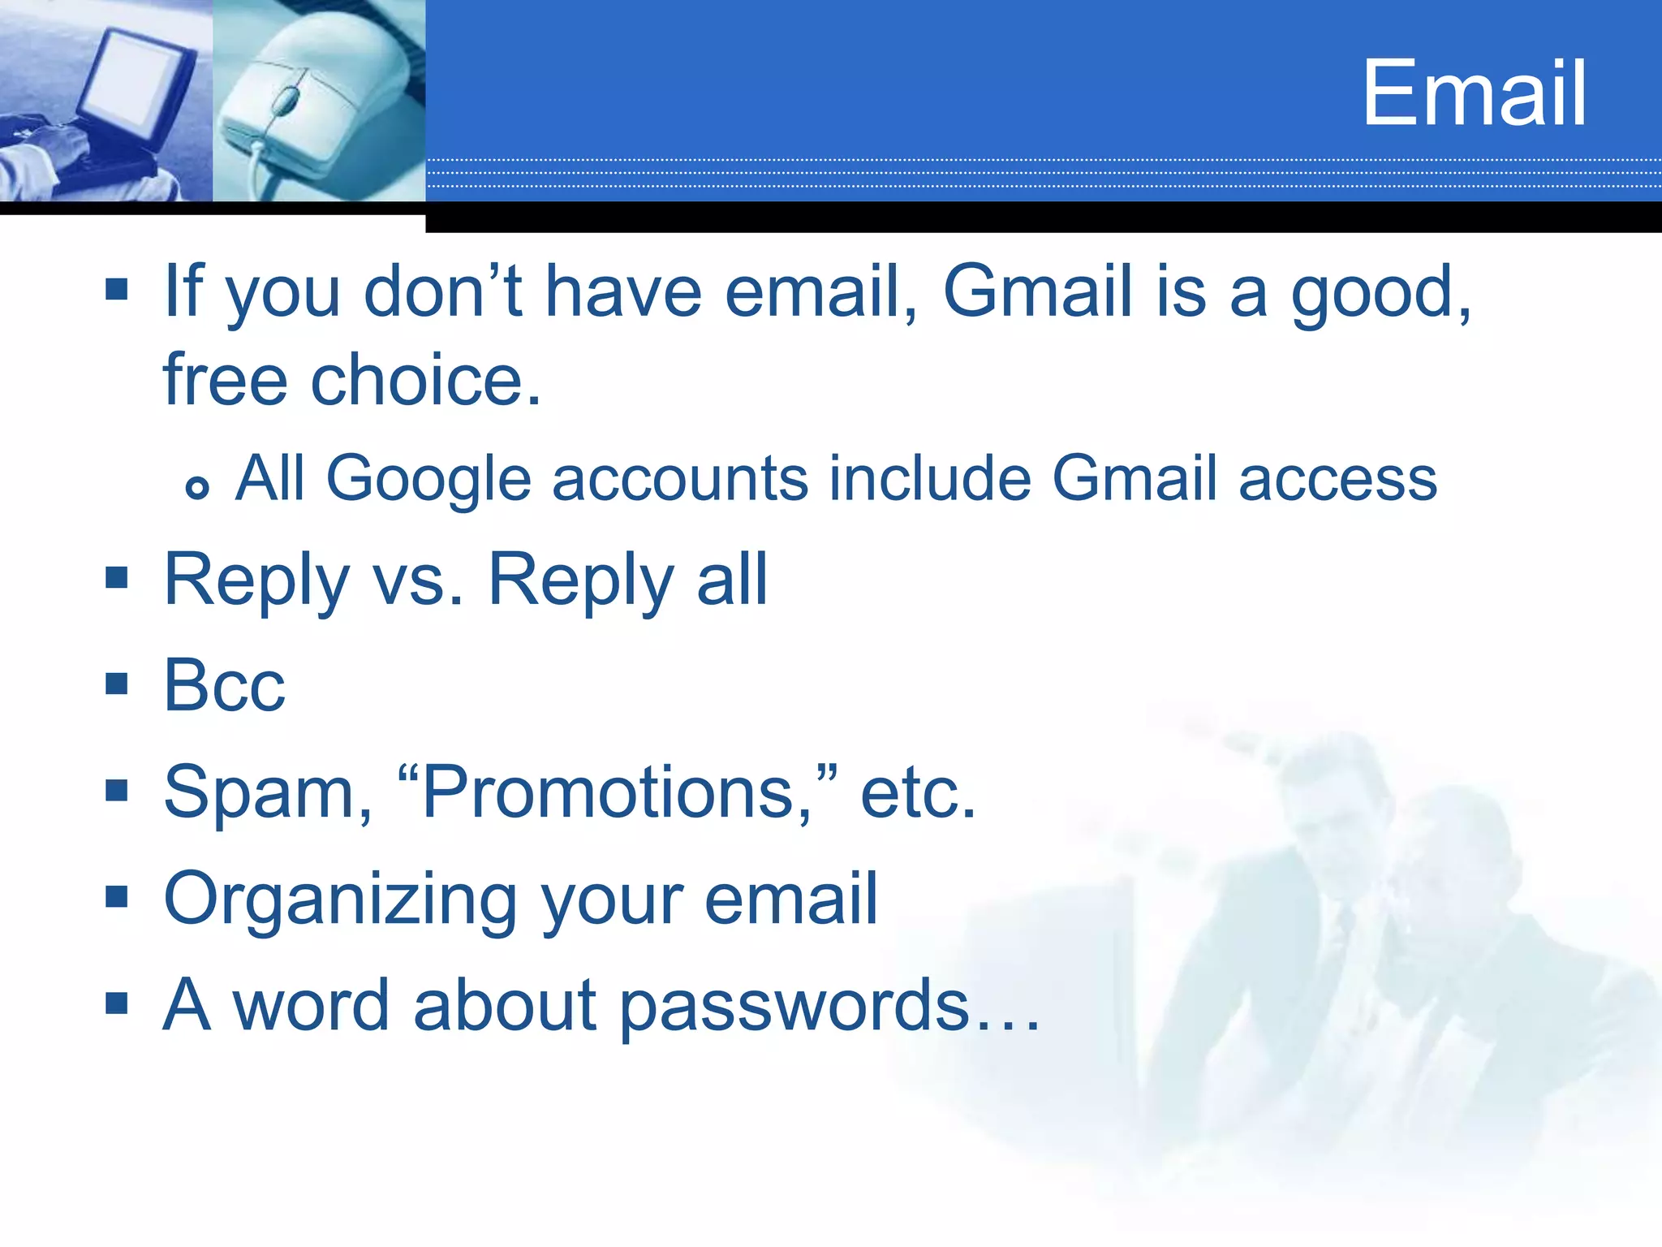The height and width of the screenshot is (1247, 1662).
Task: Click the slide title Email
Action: pos(1474,93)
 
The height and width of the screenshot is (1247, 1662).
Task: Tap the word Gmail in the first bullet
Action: pos(1037,291)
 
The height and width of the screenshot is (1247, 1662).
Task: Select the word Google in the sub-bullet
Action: pos(428,478)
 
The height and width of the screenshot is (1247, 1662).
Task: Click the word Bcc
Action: pos(224,686)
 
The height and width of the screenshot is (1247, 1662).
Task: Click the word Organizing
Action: pos(341,900)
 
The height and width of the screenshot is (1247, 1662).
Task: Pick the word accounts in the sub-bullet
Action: pos(679,479)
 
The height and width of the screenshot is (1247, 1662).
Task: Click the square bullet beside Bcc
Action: pos(117,684)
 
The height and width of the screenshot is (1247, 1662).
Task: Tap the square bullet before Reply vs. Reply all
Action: pos(117,577)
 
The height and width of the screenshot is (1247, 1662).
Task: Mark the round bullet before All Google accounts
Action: pos(197,487)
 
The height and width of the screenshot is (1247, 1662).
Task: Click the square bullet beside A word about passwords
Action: pos(117,1003)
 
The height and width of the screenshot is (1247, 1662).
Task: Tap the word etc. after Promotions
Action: pos(917,793)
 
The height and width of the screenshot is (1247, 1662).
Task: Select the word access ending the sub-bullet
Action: pos(1337,479)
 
